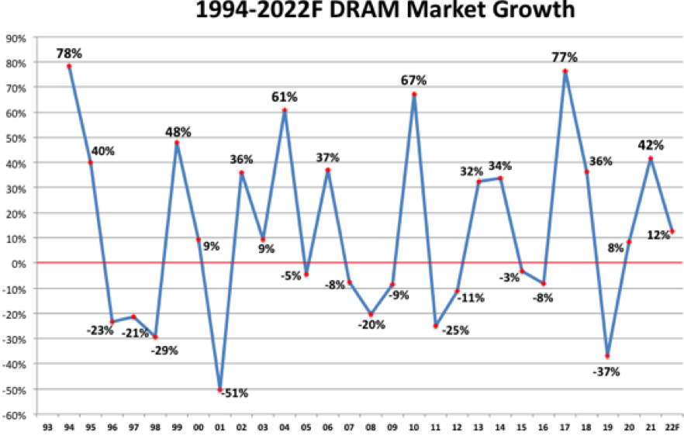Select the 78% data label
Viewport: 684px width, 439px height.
69,53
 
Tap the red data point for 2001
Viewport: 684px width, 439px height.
220,389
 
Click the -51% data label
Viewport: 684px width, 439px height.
234,393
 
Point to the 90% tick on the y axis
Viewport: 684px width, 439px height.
17,37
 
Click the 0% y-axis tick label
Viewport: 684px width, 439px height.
19,263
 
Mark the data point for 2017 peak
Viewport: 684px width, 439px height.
565,71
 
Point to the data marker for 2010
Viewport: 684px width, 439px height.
414,95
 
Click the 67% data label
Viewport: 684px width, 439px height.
414,81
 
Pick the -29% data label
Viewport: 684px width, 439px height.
164,350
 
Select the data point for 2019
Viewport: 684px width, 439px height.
607,356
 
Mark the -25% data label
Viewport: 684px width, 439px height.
454,330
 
